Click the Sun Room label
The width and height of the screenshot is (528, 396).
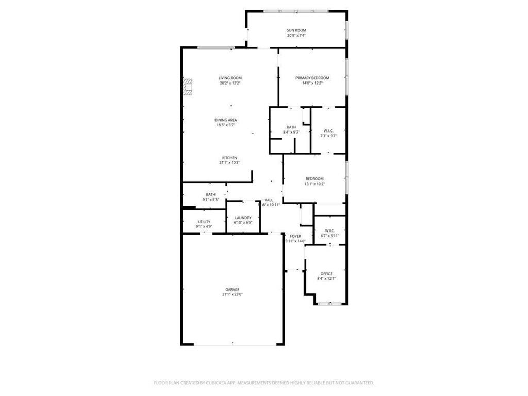pyautogui.click(x=296, y=30)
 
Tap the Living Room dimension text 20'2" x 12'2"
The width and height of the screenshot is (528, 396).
pyautogui.click(x=230, y=83)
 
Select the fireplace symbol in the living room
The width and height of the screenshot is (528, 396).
pyautogui.click(x=189, y=87)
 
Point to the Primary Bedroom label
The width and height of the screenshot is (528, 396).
pyautogui.click(x=312, y=78)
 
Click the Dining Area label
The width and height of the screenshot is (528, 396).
pyautogui.click(x=226, y=120)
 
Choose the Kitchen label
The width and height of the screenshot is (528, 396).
pyautogui.click(x=229, y=158)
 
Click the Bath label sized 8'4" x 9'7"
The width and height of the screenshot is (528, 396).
pyautogui.click(x=291, y=127)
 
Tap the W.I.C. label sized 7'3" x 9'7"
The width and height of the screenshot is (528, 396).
pyautogui.click(x=328, y=130)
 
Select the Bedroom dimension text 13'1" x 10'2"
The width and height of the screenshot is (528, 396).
pyautogui.click(x=315, y=184)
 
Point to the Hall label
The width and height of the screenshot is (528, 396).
pyautogui.click(x=269, y=200)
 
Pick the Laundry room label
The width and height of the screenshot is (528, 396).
pyautogui.click(x=243, y=218)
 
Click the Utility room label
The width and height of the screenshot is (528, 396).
pyautogui.click(x=204, y=221)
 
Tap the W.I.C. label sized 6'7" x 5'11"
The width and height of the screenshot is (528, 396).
pyautogui.click(x=330, y=230)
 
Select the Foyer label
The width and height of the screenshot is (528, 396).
pyautogui.click(x=295, y=236)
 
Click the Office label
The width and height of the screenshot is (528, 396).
pyautogui.click(x=326, y=274)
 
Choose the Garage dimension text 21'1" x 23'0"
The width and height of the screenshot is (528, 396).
pyautogui.click(x=232, y=294)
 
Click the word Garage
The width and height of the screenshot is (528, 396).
pyautogui.click(x=232, y=290)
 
